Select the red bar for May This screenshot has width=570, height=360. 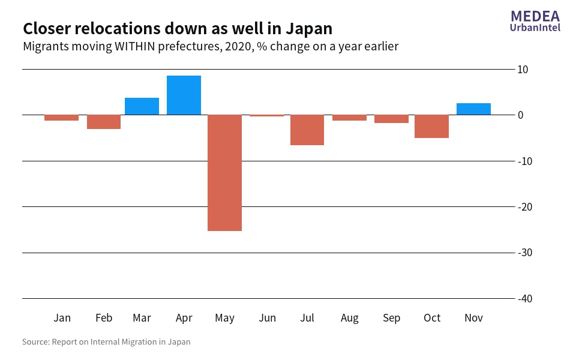pos(225,173)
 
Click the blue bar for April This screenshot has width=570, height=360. pos(184,95)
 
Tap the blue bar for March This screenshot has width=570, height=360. pos(142,106)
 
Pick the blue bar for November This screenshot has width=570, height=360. pos(473,109)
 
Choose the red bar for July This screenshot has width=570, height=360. pos(307,130)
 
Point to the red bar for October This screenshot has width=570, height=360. pos(431,126)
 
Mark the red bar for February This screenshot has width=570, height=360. pos(104,122)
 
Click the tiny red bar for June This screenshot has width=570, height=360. pos(266,115)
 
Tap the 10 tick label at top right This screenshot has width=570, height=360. pos(523,70)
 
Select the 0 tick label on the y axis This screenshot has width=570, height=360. pos(521,115)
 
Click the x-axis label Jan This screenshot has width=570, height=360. pos(62,318)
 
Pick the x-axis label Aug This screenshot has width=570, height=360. pos(349,318)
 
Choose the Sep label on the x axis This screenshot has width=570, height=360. pos(391,318)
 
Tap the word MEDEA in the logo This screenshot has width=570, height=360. pos(535,16)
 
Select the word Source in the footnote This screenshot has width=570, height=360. pos(35,342)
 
